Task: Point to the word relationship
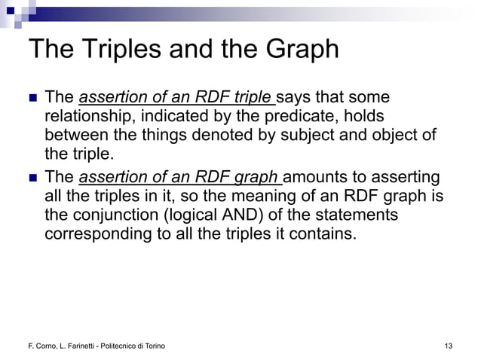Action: (90, 117)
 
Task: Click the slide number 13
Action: (449, 346)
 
